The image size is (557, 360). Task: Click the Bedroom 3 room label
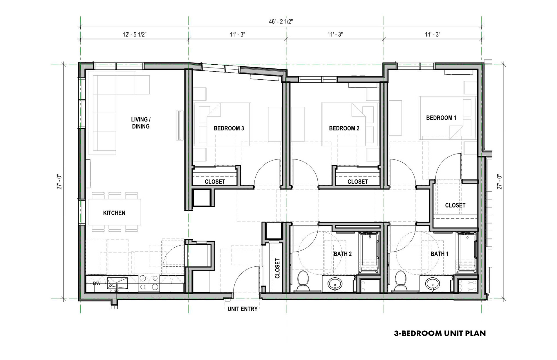tap(229, 128)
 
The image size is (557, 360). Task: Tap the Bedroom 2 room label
tap(344, 128)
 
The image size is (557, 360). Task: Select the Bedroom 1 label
tap(441, 118)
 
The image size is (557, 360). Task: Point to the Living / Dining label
tap(141, 123)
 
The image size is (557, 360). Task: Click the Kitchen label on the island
tap(114, 213)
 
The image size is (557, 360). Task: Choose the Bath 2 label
tap(343, 254)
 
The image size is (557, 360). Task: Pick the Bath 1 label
tap(440, 254)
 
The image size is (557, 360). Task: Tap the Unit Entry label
tap(243, 309)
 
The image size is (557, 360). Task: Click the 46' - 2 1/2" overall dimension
tap(281, 22)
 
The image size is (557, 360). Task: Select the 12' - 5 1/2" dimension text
tap(135, 34)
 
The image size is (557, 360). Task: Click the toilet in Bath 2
tap(303, 281)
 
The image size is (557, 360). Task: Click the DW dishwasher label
tap(97, 283)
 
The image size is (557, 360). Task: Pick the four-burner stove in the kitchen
tap(149, 283)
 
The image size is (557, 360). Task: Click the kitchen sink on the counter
tap(117, 283)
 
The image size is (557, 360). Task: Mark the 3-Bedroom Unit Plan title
tap(440, 333)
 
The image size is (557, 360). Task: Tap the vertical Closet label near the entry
tap(277, 268)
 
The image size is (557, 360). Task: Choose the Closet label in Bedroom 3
tap(215, 182)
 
